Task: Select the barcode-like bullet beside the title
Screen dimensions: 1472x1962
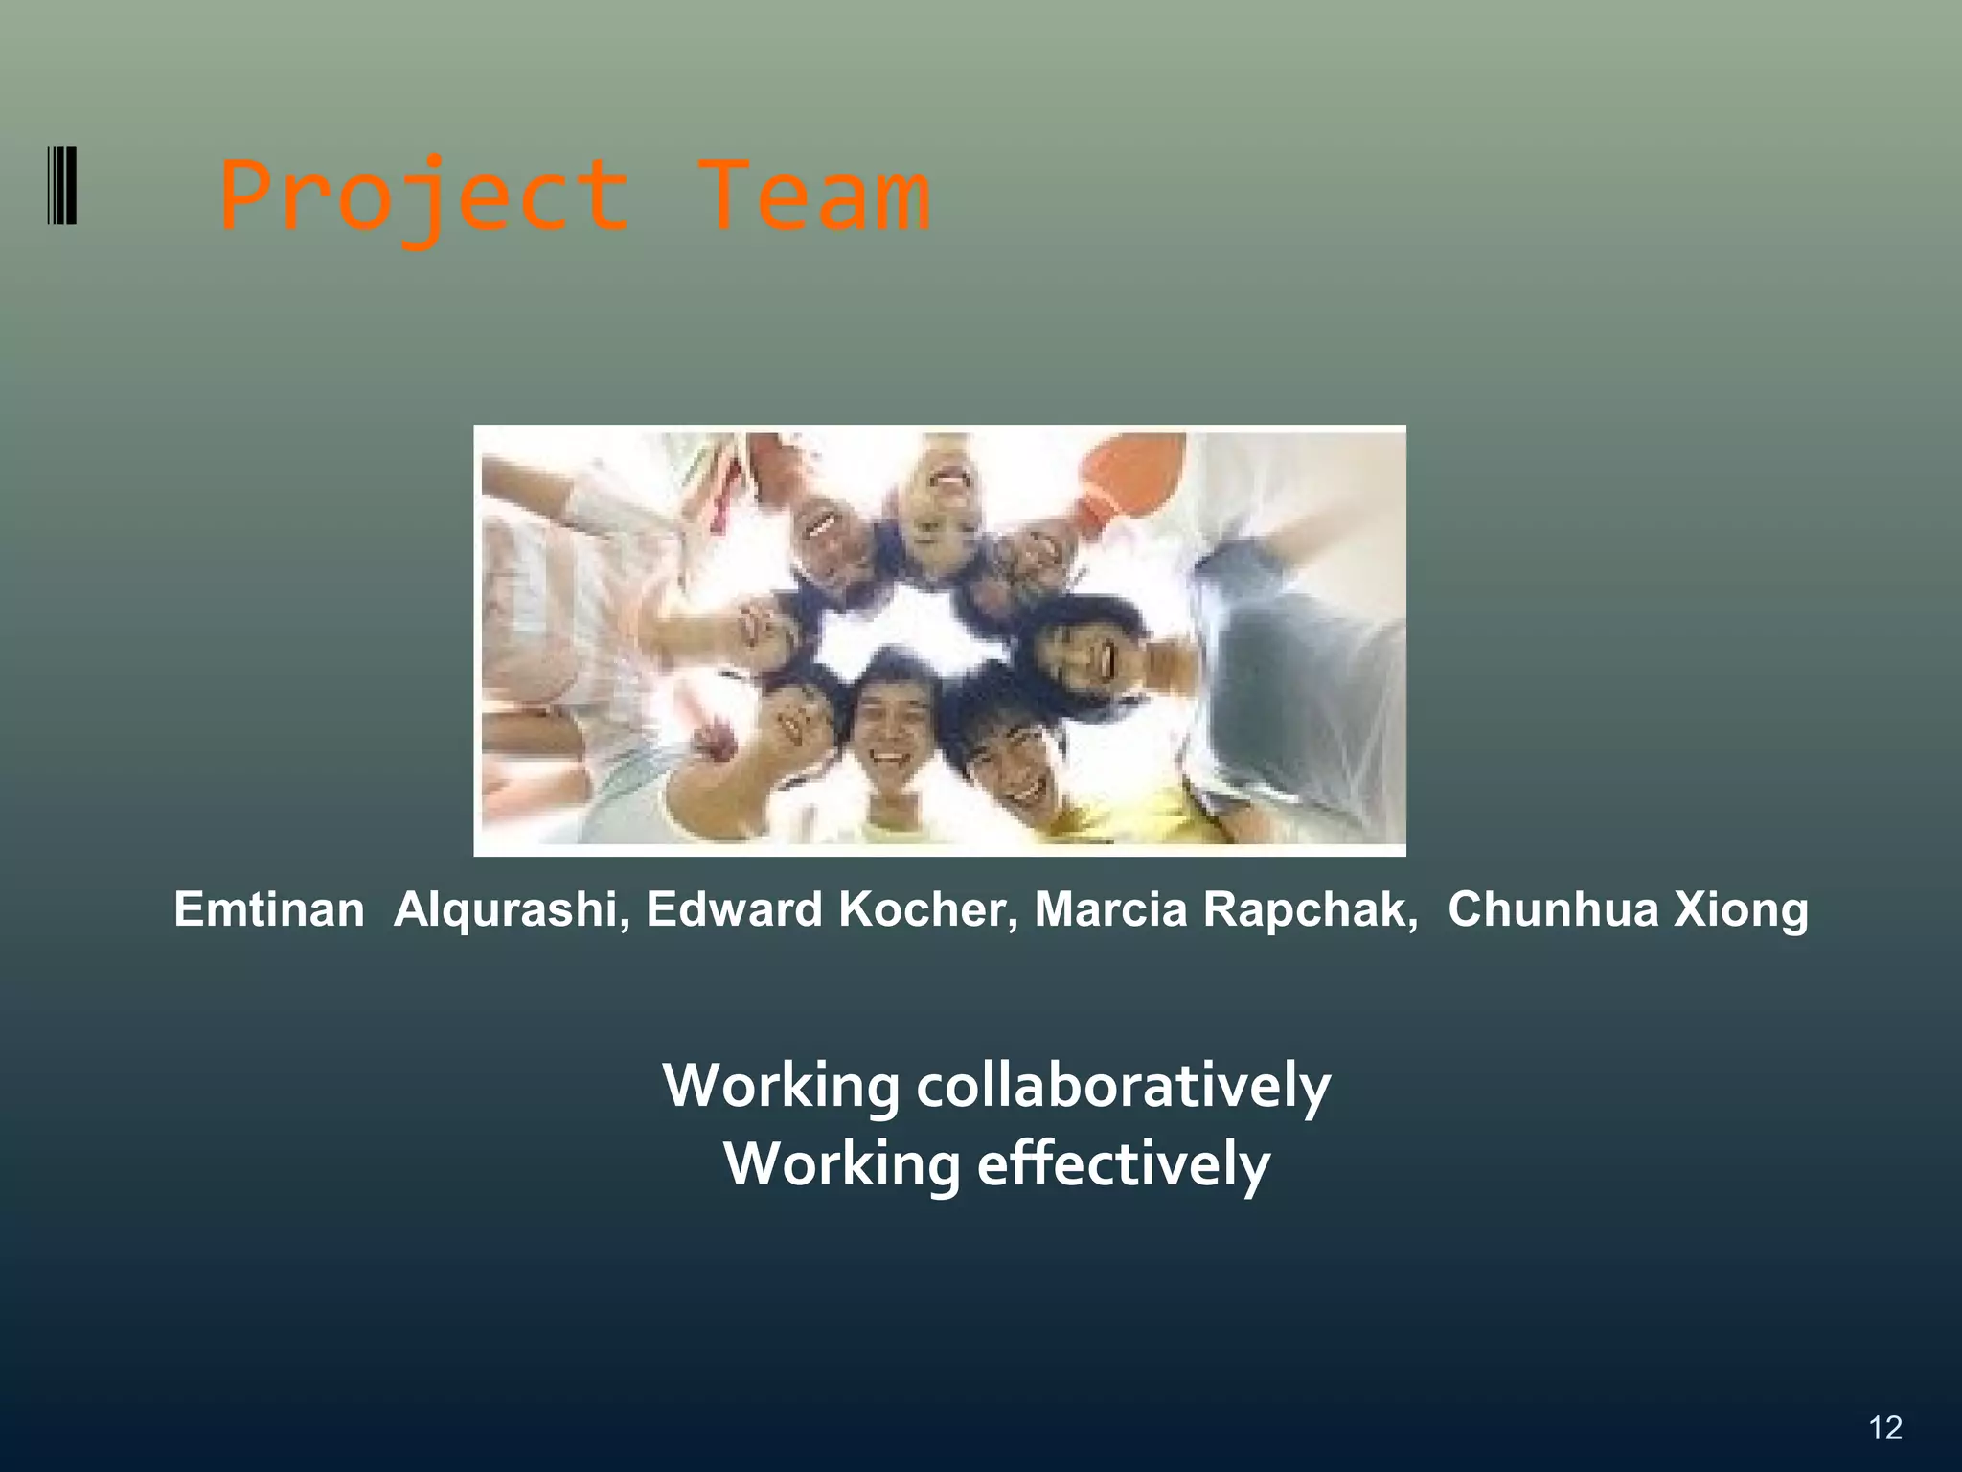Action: click(62, 185)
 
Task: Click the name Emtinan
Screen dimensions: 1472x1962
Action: click(269, 908)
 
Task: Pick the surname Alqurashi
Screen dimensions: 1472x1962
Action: click(512, 908)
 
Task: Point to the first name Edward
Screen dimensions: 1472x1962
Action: click(734, 908)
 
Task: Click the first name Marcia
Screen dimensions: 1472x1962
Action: click(1110, 908)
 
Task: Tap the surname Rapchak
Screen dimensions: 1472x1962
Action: click(1311, 908)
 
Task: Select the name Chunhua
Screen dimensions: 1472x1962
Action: click(1552, 908)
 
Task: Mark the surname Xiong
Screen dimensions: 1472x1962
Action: click(1741, 908)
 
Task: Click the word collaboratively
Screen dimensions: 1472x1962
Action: click(1123, 1087)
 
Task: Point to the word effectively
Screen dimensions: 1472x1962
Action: click(1123, 1165)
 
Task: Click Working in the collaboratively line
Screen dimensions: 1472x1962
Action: click(781, 1087)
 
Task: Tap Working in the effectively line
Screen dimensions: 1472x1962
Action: click(841, 1165)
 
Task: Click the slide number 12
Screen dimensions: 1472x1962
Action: click(1884, 1428)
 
